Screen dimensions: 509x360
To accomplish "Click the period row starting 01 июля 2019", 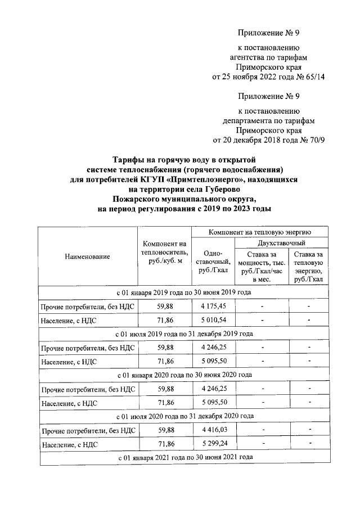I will coord(183,334).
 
